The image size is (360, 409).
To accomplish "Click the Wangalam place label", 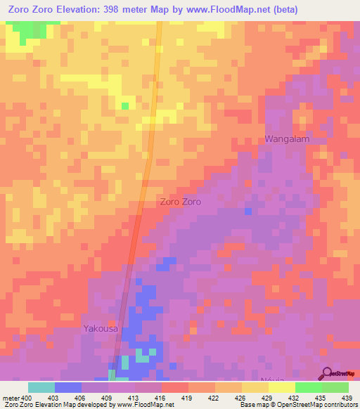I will coord(287,139).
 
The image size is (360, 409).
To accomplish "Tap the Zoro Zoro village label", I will coord(181,202).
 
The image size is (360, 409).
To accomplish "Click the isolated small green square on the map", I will coord(125,106).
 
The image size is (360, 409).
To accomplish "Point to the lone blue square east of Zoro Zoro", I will coord(248,211).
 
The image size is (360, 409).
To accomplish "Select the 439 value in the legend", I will coord(347,397).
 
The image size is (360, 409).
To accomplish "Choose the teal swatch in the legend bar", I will coord(41,387).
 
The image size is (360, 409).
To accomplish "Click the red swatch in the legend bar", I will coord(174,387).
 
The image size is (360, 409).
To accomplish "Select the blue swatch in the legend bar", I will coord(67,387).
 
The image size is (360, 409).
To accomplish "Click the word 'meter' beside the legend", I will coord(10,397).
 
